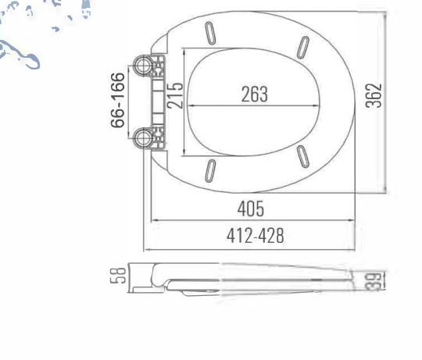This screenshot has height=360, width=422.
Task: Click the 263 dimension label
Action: coord(254,94)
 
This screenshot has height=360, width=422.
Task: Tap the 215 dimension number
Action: coord(175,95)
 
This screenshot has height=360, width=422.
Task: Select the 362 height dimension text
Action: coord(374,95)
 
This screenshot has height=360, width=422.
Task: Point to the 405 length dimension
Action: coord(251,209)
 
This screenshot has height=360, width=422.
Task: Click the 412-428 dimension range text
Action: coord(255,236)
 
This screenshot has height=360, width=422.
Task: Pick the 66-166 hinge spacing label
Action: coord(118,100)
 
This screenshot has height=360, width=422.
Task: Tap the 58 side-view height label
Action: coord(118,276)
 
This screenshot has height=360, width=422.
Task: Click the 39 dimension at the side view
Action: coord(374,281)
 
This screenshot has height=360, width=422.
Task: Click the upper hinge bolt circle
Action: coord(143,66)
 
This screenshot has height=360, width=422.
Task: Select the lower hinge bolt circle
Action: coord(143,138)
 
